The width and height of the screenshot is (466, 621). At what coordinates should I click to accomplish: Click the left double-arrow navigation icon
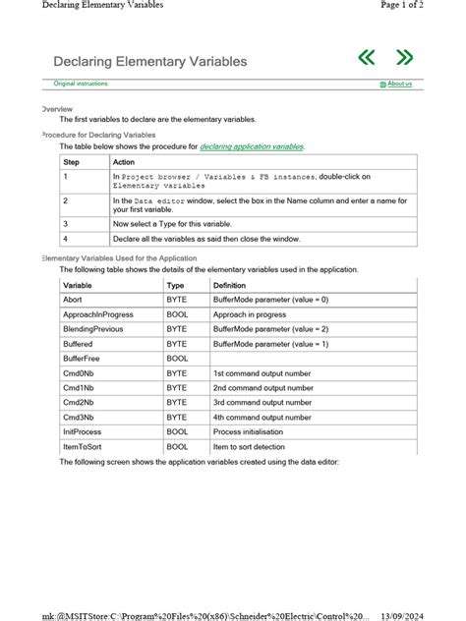pos(367,58)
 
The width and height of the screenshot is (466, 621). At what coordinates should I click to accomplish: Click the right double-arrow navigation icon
pos(403,58)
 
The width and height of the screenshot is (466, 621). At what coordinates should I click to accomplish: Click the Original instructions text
pos(81,85)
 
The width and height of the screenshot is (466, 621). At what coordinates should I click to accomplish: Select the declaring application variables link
pos(252,146)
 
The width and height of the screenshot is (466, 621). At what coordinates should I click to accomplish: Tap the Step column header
pos(72,162)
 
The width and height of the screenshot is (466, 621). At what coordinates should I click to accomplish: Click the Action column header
pos(124,162)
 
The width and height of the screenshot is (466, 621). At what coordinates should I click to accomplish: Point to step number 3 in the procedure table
pos(66,224)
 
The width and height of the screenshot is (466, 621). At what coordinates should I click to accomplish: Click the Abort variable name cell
pos(73,300)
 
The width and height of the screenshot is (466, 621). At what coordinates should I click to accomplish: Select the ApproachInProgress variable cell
pos(97,314)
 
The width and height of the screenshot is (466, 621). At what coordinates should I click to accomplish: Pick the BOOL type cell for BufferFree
pos(177,359)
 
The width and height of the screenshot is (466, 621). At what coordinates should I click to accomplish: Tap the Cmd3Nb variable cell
pos(80,418)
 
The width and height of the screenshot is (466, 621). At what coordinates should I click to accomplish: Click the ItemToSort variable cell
pos(86,447)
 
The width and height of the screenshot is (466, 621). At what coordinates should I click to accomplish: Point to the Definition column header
pos(230,285)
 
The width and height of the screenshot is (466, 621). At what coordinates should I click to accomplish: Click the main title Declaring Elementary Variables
pos(150,62)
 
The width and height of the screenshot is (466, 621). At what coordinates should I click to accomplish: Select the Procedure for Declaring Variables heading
pos(98,135)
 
